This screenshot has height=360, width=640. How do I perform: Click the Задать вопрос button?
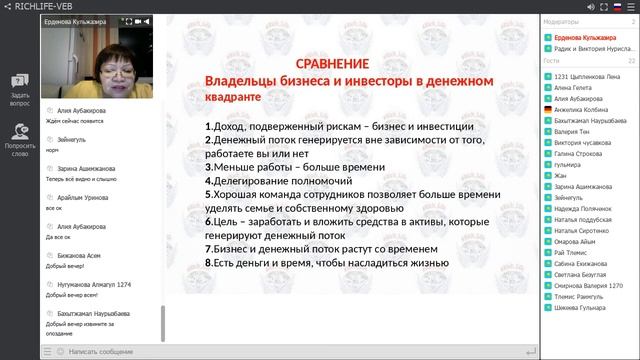(20, 89)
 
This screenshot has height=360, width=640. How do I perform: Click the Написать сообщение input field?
(100, 352)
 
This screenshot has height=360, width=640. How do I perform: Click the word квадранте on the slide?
(232, 98)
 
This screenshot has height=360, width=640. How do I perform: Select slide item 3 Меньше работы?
(290, 168)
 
